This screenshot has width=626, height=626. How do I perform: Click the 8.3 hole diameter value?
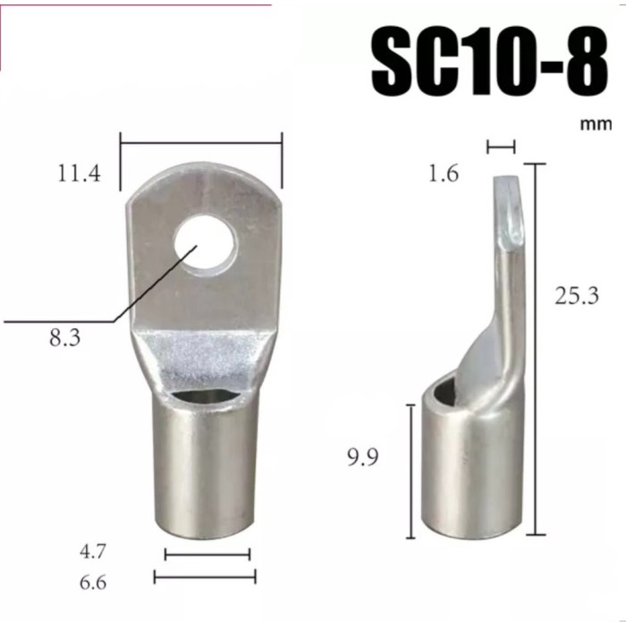(65, 339)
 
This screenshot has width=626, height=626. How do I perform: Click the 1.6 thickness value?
(444, 173)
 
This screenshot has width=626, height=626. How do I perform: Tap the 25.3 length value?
(576, 294)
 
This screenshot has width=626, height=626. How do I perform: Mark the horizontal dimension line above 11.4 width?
(201, 139)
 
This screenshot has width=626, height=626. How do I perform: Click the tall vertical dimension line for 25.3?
(535, 349)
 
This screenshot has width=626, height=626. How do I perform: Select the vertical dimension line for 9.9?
(410, 470)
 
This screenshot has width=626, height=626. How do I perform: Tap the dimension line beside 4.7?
(207, 554)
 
